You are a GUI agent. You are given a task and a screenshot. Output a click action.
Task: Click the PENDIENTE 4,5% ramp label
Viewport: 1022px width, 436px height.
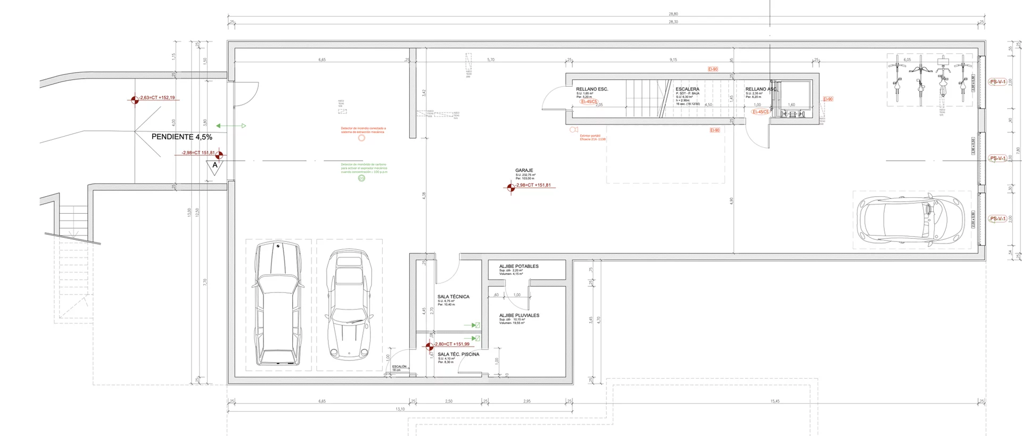pos(182,137)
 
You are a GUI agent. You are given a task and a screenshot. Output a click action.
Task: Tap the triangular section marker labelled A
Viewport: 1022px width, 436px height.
pos(215,166)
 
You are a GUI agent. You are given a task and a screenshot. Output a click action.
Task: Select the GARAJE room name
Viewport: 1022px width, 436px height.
pos(524,171)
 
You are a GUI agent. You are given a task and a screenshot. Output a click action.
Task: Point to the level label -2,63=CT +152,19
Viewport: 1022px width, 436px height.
pos(156,98)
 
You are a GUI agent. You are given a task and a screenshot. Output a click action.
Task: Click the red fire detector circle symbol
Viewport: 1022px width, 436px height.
pos(361,138)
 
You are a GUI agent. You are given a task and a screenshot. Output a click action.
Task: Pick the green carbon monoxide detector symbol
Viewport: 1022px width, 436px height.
pos(361,178)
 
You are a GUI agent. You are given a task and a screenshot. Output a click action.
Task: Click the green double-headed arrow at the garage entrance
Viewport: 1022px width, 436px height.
pos(231,126)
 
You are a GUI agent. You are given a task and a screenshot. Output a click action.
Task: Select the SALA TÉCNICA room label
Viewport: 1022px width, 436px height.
pos(453,297)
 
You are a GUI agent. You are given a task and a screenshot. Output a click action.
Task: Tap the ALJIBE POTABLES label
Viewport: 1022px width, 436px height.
pos(518,266)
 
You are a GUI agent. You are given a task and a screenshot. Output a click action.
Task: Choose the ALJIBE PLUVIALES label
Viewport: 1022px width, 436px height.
pos(519,315)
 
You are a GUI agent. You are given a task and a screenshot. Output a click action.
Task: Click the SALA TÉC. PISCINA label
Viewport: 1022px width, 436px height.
pos(458,354)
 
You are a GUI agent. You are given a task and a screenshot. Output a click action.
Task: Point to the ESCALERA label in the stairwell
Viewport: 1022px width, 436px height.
pos(687,89)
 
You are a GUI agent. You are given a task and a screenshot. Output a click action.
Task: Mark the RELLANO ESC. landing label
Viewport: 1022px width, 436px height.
pos(592,89)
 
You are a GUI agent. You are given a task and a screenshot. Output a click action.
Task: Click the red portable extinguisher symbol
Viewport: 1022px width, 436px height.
pos(573,130)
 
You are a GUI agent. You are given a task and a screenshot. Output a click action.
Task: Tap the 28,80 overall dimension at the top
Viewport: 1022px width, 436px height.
pos(673,14)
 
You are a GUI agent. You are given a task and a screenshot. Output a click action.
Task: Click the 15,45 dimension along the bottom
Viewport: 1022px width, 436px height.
pos(774,401)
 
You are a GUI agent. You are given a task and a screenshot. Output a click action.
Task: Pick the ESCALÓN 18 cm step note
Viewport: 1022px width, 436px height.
pos(399,367)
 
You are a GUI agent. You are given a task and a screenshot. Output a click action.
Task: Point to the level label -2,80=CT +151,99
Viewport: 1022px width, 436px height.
pos(451,344)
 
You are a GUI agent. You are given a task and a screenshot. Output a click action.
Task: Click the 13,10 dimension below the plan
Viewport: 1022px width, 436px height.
pos(400,409)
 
